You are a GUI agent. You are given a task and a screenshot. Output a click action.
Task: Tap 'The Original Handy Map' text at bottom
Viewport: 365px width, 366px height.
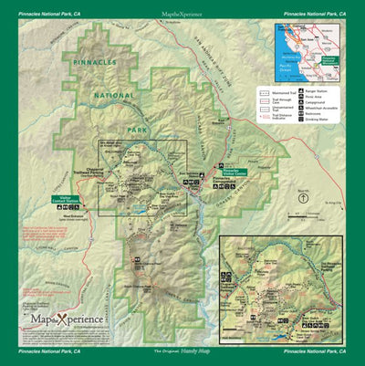(x=182, y=350)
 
